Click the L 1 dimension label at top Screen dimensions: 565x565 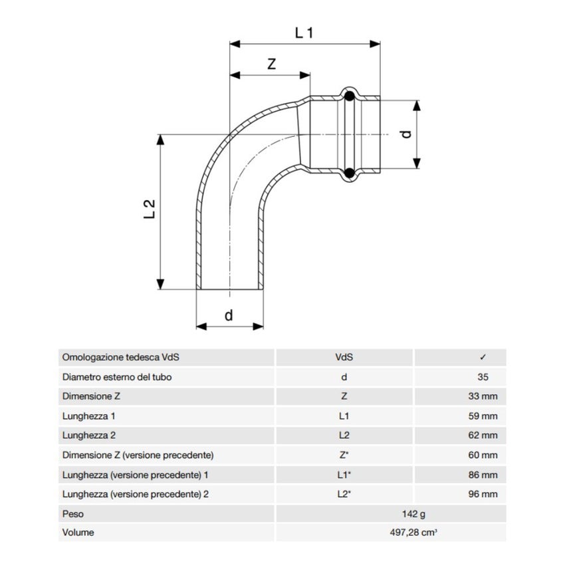(304, 32)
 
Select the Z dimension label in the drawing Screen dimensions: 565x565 (271, 64)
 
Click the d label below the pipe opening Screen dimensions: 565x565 (229, 315)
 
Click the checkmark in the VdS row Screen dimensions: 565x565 (483, 358)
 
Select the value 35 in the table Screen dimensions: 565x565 (483, 377)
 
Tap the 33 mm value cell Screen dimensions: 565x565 (483, 397)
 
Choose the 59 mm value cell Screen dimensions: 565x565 (483, 416)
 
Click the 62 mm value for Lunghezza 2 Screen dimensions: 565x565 (483, 436)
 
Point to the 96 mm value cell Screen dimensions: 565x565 (483, 495)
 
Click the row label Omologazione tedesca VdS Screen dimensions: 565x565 (120, 358)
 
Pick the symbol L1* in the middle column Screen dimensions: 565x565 (344, 475)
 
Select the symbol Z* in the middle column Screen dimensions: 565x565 (344, 455)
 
